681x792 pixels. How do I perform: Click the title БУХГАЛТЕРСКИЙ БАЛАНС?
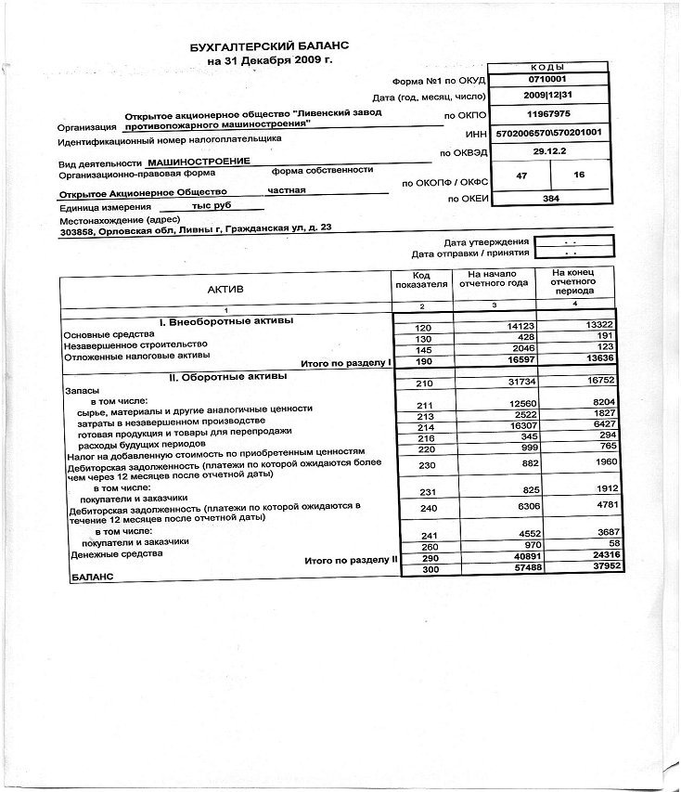click(270, 45)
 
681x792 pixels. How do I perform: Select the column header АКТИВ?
click(225, 291)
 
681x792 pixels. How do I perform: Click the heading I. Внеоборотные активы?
click(226, 321)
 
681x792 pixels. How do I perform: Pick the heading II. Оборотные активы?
click(226, 377)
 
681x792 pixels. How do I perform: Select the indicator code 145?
click(424, 351)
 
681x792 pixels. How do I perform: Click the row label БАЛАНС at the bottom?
click(92, 577)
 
